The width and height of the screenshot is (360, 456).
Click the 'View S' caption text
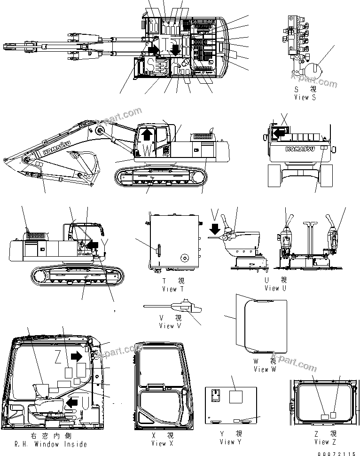(305, 97)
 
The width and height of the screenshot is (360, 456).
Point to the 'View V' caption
(167, 326)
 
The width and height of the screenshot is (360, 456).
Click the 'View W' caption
(267, 370)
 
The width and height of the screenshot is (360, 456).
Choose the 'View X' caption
(159, 443)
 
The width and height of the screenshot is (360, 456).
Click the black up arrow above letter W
(147, 134)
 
